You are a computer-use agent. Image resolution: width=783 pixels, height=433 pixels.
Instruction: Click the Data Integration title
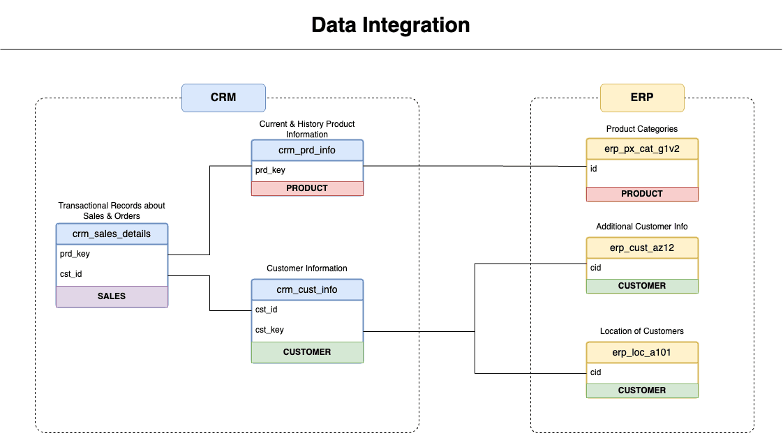[x=391, y=25]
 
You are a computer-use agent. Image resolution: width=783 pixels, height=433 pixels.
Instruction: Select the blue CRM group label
[x=223, y=98]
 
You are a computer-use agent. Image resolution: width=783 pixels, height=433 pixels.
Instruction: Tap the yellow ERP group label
[x=642, y=98]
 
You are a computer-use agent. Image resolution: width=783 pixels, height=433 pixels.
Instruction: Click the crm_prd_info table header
[x=307, y=151]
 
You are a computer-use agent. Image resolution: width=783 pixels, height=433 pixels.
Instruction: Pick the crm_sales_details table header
[x=112, y=234]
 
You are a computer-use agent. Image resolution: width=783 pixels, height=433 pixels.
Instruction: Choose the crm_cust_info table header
[x=307, y=290]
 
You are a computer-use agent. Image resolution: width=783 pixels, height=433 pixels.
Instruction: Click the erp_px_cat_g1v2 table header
[x=642, y=149]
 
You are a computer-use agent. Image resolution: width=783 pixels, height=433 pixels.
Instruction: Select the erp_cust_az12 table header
[x=642, y=248]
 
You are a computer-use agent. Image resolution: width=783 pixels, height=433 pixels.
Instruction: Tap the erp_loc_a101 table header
[x=642, y=352]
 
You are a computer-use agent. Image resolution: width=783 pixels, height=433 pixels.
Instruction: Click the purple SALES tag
[x=112, y=296]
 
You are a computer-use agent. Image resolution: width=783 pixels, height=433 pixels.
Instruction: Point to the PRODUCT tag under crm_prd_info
[x=307, y=188]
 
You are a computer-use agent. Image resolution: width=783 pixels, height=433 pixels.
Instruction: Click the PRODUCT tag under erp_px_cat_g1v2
[x=642, y=194]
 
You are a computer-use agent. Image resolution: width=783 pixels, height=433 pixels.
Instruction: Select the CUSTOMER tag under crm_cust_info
[x=307, y=352]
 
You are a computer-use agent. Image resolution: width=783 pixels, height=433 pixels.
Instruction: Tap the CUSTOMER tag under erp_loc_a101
[x=642, y=390]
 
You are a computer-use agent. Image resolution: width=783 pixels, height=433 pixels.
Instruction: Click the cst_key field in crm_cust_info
[x=269, y=330]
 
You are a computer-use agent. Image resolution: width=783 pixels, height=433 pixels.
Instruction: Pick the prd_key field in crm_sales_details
[x=75, y=255]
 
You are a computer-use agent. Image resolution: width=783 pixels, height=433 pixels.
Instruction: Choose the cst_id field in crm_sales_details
[x=71, y=274]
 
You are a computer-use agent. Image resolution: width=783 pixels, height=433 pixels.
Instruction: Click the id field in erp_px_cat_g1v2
[x=594, y=169]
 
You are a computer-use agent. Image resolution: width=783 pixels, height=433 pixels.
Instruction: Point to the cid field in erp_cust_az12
[x=596, y=268]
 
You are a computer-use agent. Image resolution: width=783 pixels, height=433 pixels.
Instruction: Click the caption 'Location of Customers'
[x=642, y=331]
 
